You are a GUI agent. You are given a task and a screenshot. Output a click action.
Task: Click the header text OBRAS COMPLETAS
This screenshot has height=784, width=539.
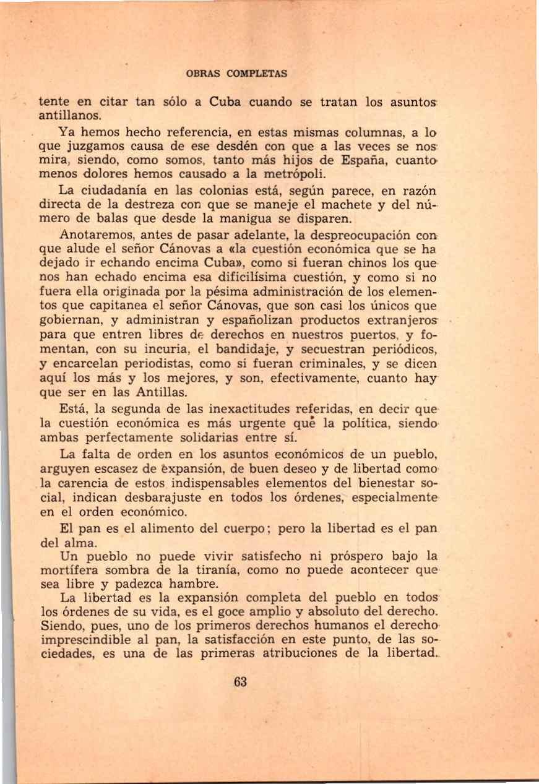pos(236,73)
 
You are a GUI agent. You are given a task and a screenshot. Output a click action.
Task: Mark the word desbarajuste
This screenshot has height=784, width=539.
pos(171,499)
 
